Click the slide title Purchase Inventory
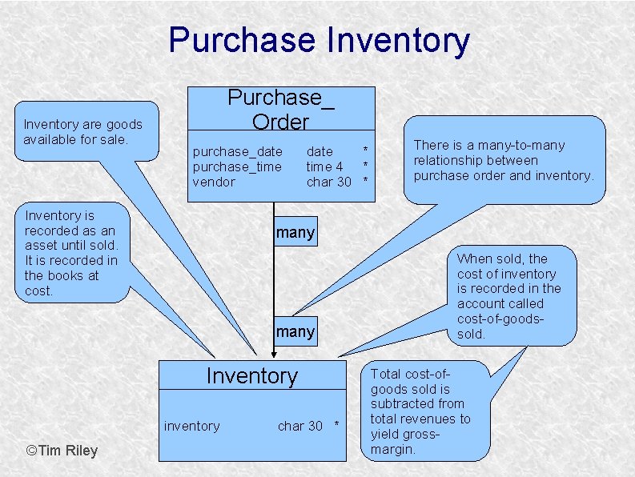[x=319, y=40]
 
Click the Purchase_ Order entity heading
[x=280, y=110]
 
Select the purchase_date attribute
[x=237, y=151]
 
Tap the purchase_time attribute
[x=237, y=166]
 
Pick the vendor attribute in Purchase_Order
[x=214, y=182]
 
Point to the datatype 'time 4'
[x=324, y=166]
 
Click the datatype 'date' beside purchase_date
[x=320, y=151]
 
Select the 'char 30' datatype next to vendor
[x=329, y=182]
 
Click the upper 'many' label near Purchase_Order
[x=295, y=233]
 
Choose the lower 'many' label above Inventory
[x=295, y=331]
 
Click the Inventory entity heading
[x=251, y=375]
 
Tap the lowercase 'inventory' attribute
[x=191, y=426]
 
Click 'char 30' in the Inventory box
[x=300, y=426]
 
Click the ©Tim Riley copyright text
[x=62, y=450]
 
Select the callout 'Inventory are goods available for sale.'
[x=82, y=132]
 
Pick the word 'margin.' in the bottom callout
[x=392, y=450]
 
